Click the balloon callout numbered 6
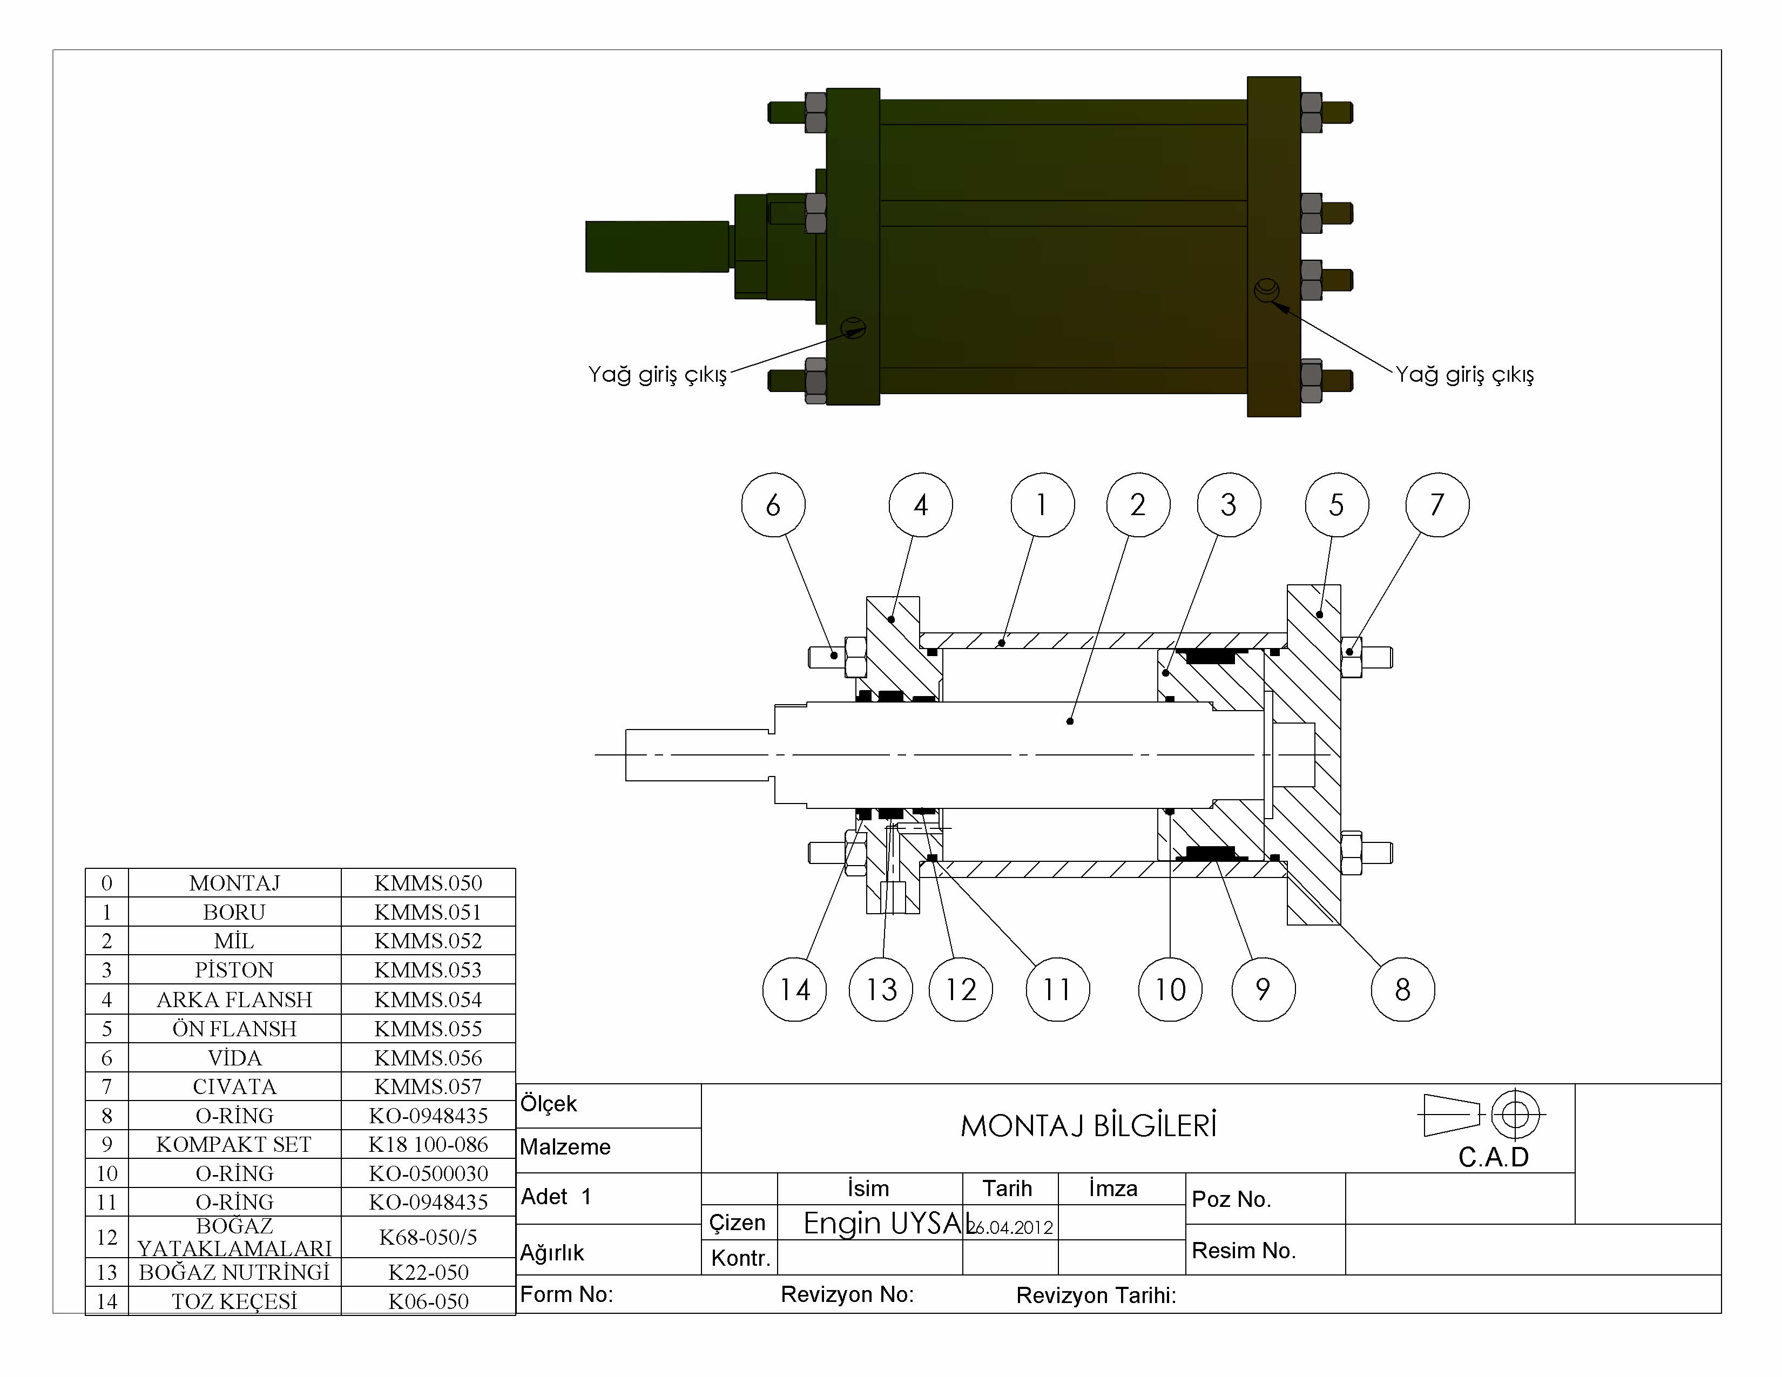click(773, 505)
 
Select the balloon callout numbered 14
click(794, 989)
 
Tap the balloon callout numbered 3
click(1228, 505)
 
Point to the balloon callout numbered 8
click(1402, 989)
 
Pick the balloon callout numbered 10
click(1169, 989)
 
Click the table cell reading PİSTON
click(234, 970)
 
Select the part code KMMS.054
click(428, 1000)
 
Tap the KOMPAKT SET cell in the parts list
click(234, 1144)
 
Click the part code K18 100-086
click(428, 1144)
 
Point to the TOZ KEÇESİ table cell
click(234, 1301)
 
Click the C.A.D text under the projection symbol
click(1493, 1157)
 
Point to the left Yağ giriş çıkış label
click(657, 374)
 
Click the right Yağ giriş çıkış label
click(1464, 374)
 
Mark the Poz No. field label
click(1231, 1199)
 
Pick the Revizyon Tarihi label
click(1096, 1295)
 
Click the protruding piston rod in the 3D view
click(657, 246)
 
